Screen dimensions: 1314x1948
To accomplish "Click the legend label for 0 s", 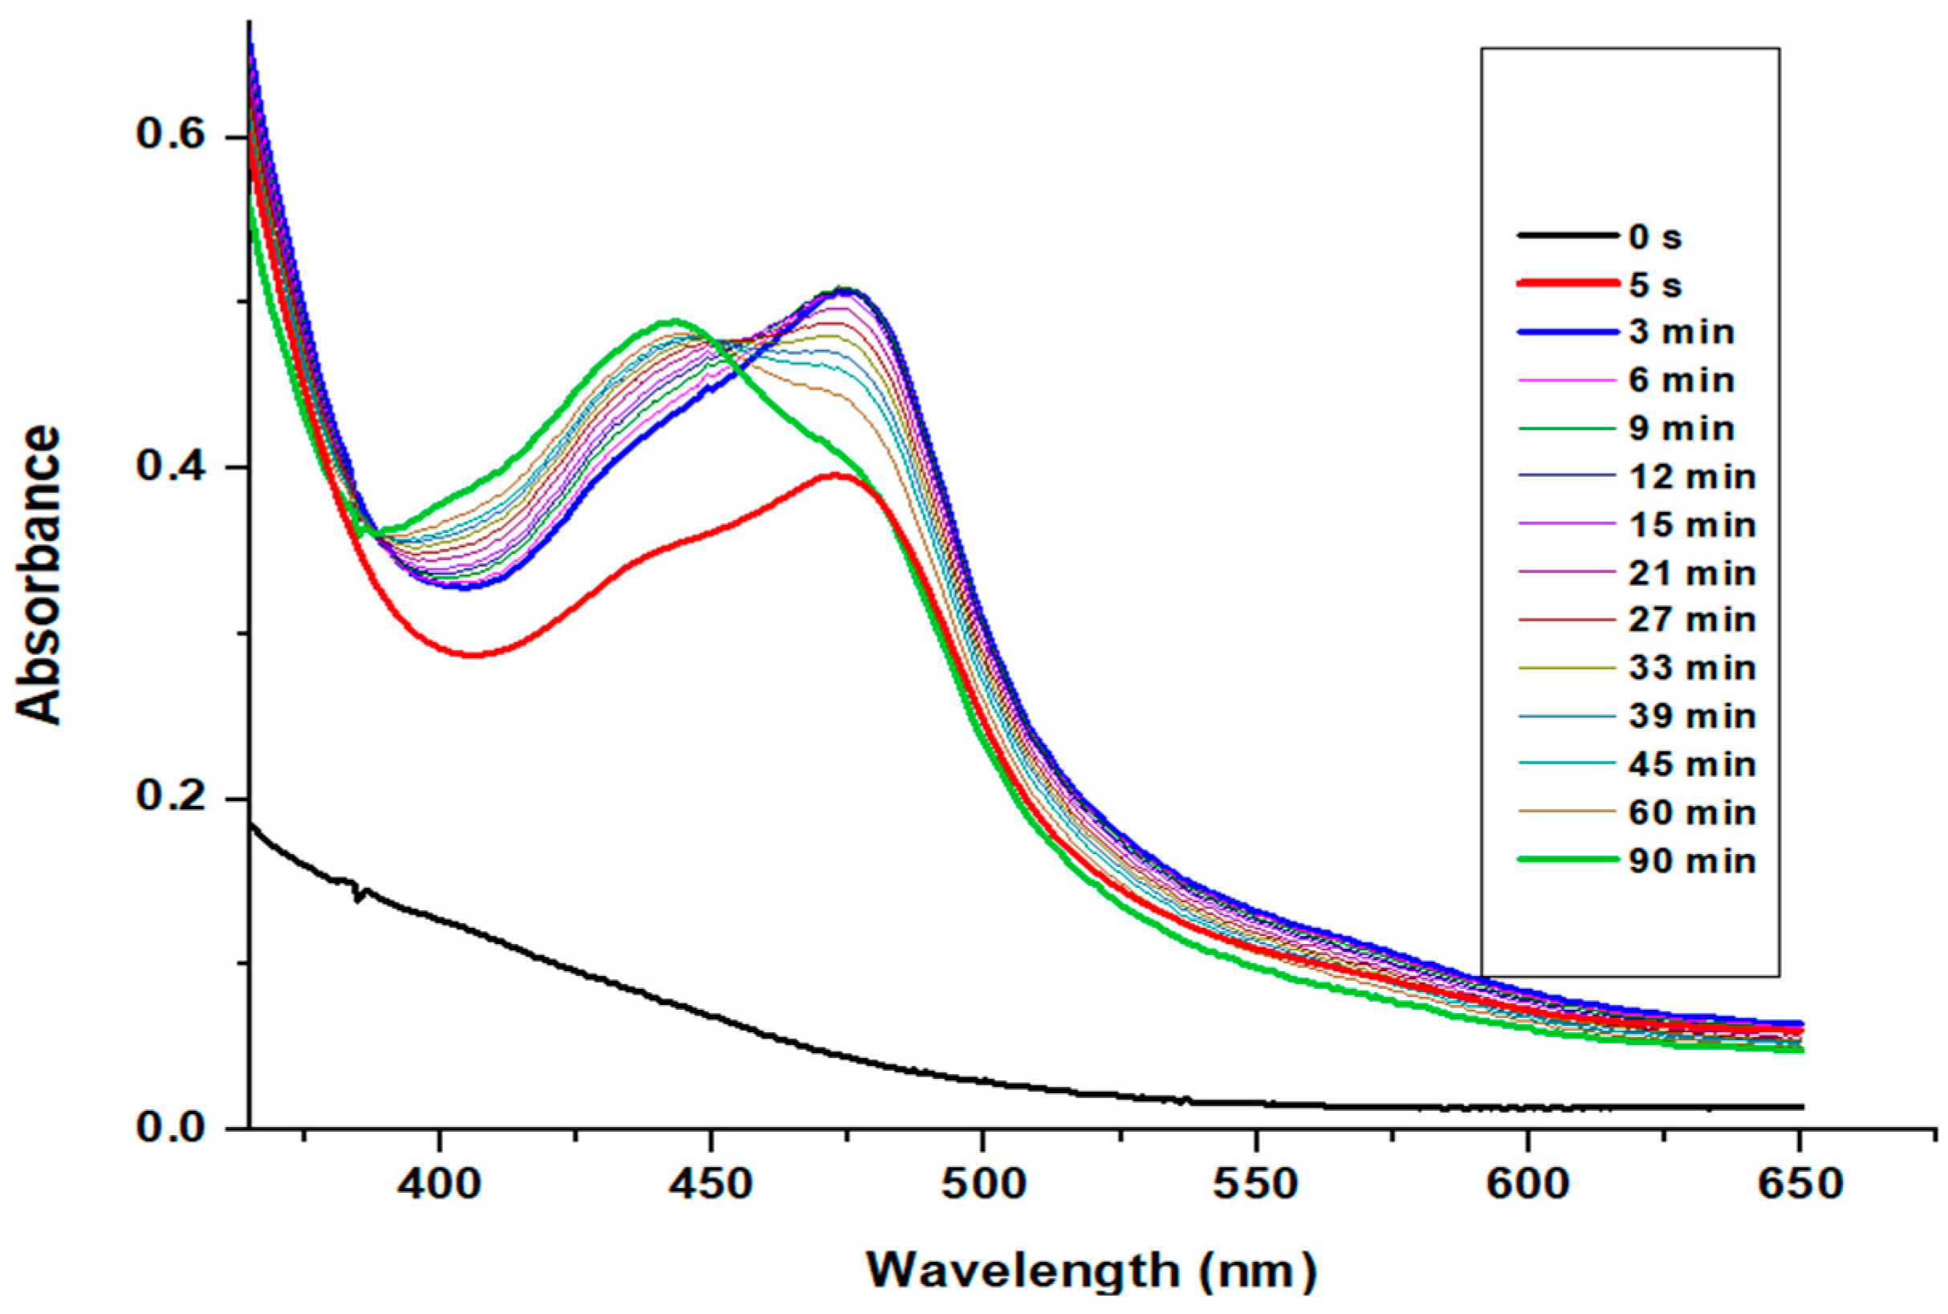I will pos(1655,237).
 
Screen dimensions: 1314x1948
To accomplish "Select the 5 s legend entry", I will pos(1655,286).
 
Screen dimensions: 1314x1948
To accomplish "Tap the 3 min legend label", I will pos(1681,332).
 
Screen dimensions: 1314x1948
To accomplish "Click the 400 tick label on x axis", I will pos(438,1183).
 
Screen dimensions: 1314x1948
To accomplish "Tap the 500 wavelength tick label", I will pos(982,1183).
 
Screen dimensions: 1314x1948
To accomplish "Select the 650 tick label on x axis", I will pos(1798,1183).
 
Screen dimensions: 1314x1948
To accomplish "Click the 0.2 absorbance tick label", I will pos(172,798).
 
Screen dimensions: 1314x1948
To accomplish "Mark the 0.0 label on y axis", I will pos(172,1128).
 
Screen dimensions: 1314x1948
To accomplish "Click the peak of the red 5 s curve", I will pos(834,475).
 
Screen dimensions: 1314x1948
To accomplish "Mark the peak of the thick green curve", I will pos(673,321).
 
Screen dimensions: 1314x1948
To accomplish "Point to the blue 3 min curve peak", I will pos(846,291).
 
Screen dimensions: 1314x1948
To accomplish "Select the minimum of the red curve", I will pos(471,653).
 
